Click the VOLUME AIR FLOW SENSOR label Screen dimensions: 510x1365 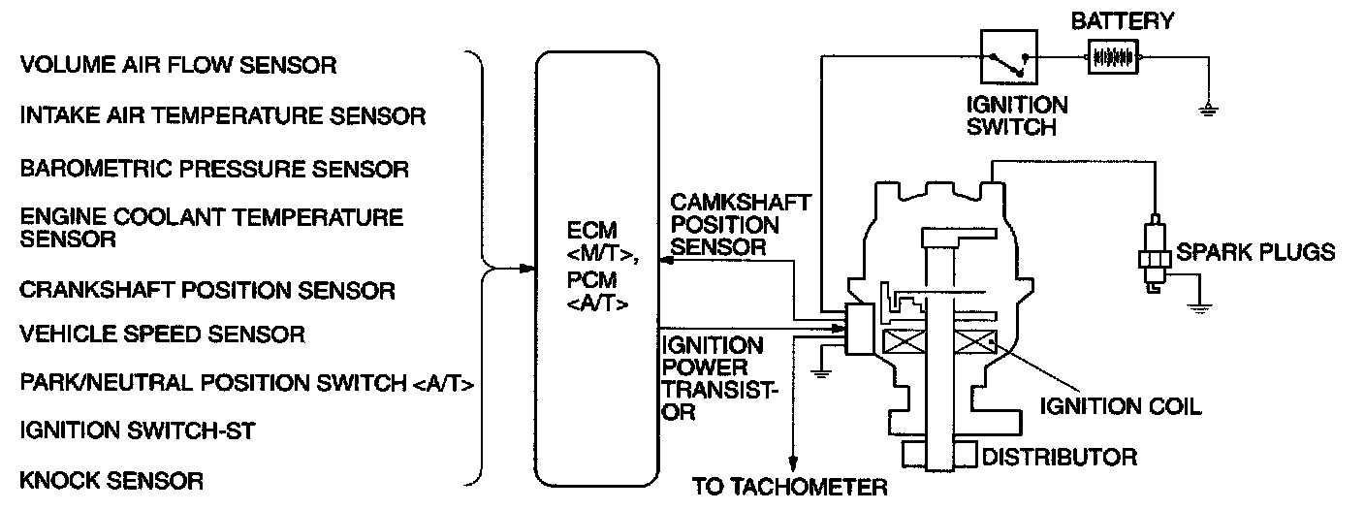coord(177,66)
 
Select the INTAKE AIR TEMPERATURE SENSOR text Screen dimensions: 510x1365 coord(223,116)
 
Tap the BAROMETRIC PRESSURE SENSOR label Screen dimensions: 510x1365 coord(214,170)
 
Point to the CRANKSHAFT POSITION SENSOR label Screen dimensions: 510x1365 coord(207,291)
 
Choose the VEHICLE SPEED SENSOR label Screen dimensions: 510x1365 coord(162,335)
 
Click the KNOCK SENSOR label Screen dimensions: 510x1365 coord(111,480)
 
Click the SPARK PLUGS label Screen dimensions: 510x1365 coord(1255,253)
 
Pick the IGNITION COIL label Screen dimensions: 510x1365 coord(1120,406)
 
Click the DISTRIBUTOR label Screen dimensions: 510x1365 coord(1060,456)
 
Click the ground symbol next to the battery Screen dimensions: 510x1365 coord(1207,108)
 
